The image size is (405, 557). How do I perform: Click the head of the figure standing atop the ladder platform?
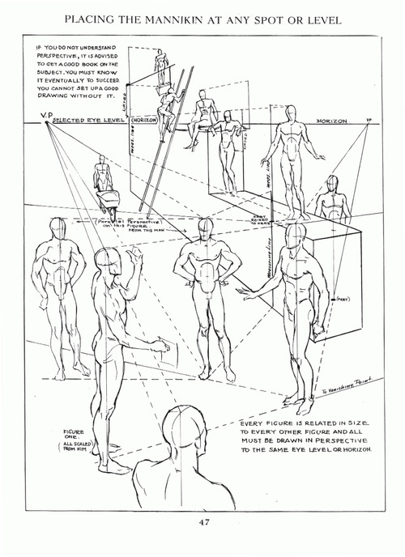click(160, 56)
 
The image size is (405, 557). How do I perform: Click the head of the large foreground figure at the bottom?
click(181, 431)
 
